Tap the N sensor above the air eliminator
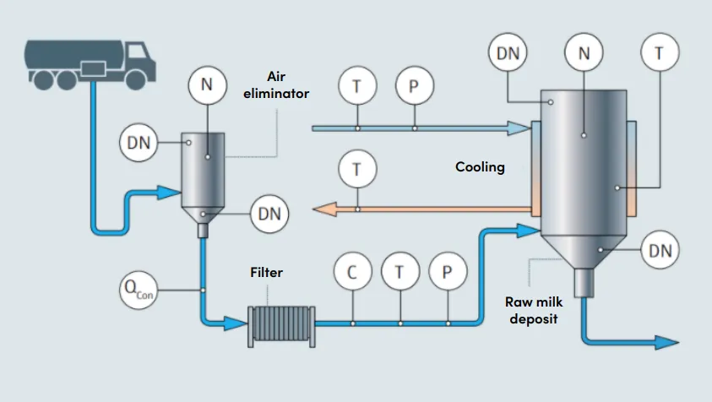tap(208, 84)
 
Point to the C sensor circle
tap(352, 272)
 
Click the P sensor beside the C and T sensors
tap(448, 272)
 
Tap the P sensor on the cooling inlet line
tap(414, 85)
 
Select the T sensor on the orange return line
tap(356, 169)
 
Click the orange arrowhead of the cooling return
tap(322, 208)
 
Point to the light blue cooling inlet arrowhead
tap(517, 128)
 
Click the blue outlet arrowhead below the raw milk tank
tap(666, 342)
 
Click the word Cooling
tap(480, 167)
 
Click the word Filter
tap(266, 273)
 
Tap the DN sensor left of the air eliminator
tap(139, 144)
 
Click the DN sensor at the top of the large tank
tap(508, 54)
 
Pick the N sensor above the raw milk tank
tap(584, 54)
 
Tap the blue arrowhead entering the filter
tap(237, 322)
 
